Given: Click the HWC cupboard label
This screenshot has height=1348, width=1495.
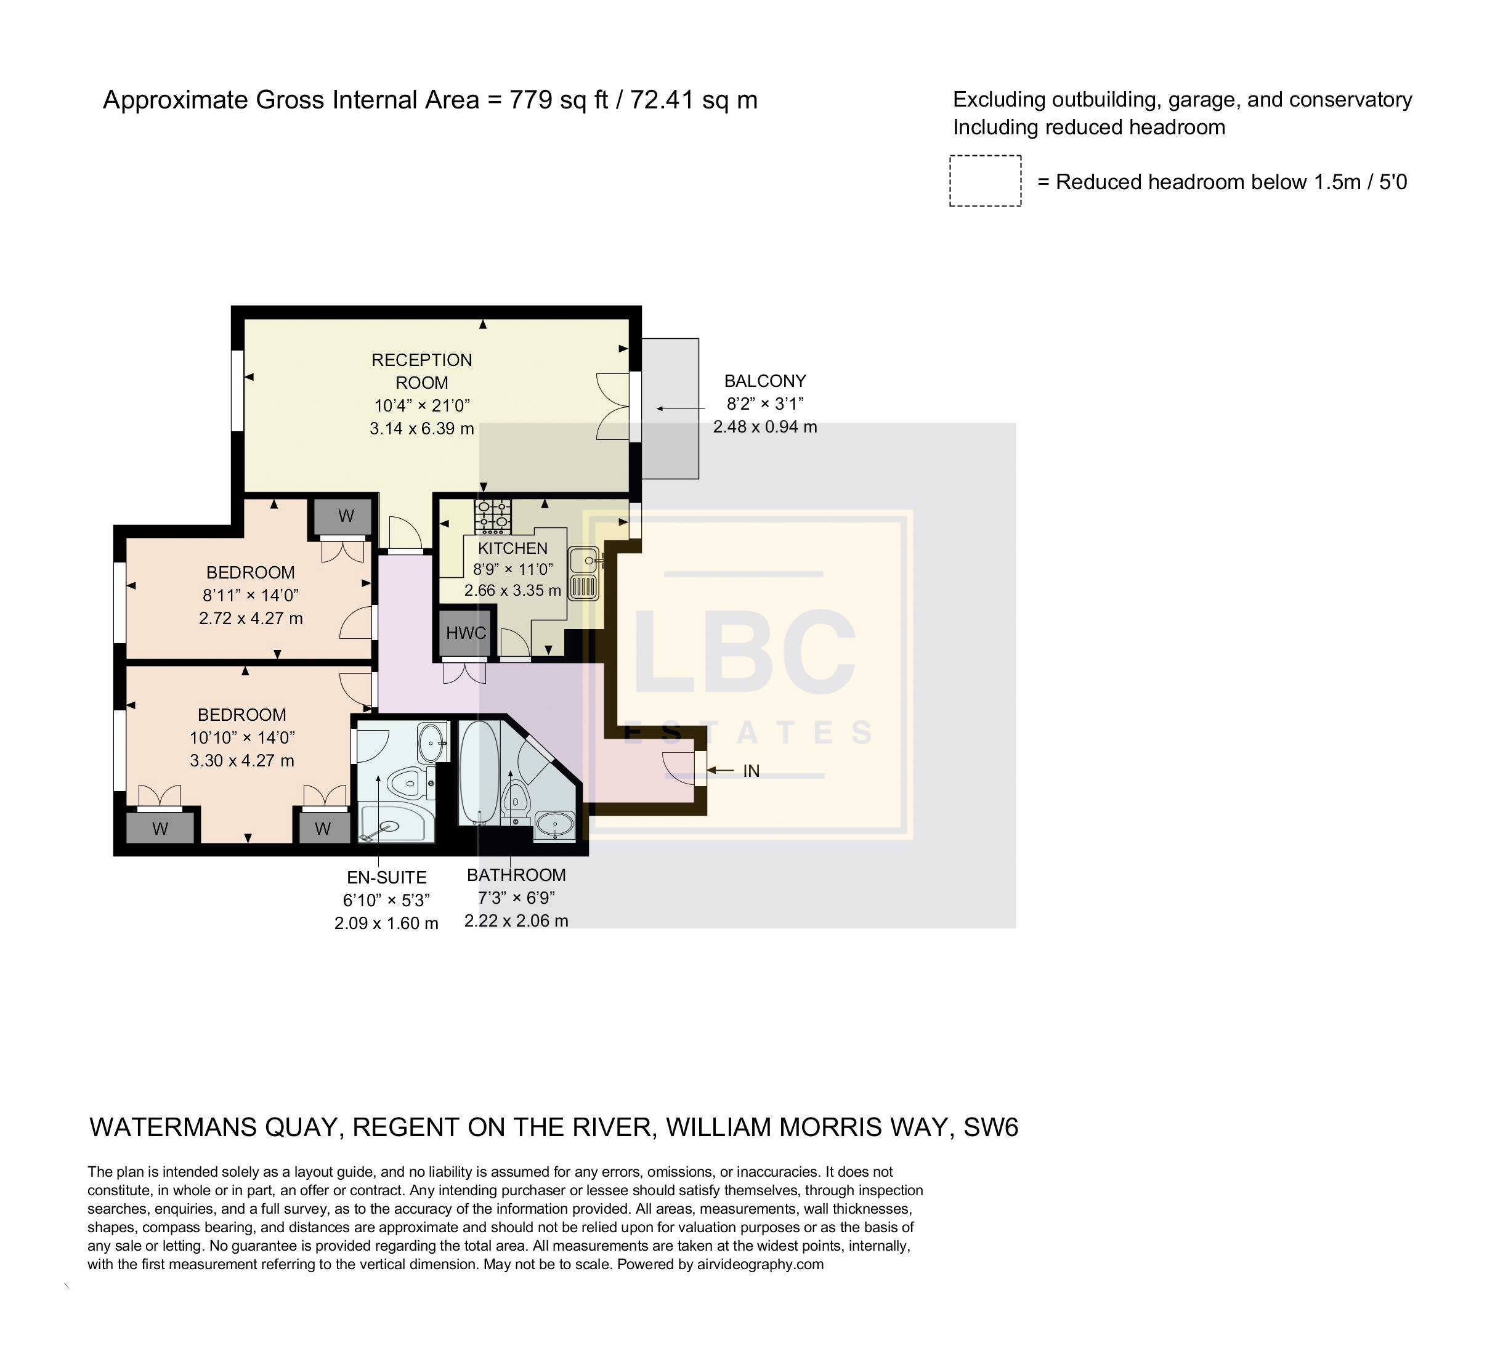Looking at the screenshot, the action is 466,633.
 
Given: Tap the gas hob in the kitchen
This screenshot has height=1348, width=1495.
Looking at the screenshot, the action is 492,516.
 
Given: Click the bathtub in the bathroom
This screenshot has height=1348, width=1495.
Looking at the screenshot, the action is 479,772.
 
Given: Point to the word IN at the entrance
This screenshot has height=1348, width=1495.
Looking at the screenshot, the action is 751,771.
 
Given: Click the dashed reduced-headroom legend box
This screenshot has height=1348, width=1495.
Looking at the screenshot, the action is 985,181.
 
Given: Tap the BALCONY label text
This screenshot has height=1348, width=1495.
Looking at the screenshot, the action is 765,381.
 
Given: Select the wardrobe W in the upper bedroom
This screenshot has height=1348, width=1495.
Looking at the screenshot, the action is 346,516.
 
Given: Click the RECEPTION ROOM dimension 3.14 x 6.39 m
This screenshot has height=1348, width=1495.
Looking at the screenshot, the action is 422,428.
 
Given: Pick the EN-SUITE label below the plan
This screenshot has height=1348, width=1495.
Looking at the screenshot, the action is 386,878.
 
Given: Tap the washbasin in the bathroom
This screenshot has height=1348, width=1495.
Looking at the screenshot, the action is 554,823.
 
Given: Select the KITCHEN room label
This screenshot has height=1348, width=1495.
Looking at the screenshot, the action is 513,548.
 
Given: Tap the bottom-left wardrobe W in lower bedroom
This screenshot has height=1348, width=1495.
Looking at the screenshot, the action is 160,828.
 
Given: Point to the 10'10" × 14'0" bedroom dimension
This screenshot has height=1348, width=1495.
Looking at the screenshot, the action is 242,737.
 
